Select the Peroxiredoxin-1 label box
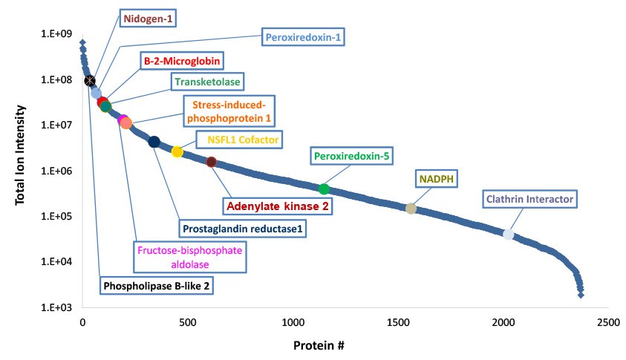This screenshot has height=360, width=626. [x=304, y=36]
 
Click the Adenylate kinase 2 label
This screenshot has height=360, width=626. [x=278, y=206]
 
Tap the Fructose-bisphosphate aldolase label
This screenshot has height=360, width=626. [x=189, y=257]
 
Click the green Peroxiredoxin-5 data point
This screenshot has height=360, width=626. [x=324, y=189]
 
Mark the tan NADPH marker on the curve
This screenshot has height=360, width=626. [x=411, y=209]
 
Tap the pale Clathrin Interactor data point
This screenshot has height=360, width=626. [x=509, y=235]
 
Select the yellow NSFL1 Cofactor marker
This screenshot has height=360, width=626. [x=177, y=152]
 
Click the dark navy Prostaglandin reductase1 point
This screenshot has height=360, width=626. [x=154, y=142]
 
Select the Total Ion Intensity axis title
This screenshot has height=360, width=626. [x=22, y=170]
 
